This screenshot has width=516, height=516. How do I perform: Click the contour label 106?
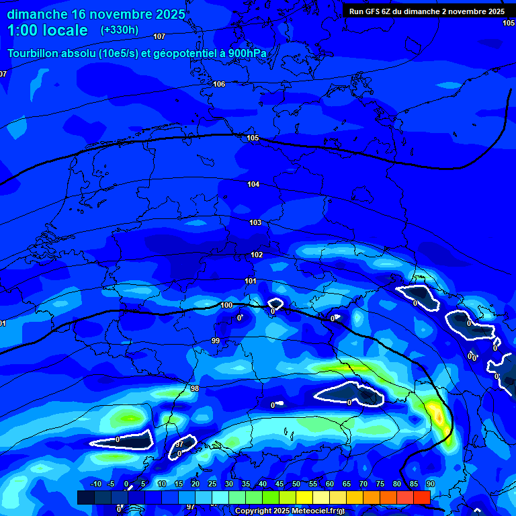pyautogui.click(x=219, y=84)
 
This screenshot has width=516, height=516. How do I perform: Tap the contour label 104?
pyautogui.click(x=253, y=184)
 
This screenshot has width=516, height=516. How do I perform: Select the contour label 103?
pyautogui.click(x=255, y=222)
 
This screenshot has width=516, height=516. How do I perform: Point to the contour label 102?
pyautogui.click(x=257, y=255)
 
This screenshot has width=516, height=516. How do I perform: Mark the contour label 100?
pyautogui.click(x=226, y=305)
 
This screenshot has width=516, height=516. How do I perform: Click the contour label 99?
pyautogui.click(x=216, y=341)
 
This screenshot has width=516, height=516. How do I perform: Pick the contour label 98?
pyautogui.click(x=195, y=388)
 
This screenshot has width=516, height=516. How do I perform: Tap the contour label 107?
pyautogui.click(x=159, y=36)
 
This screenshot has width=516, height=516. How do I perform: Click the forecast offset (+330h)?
pyautogui.click(x=120, y=30)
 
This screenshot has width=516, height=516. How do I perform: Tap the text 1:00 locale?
pyautogui.click(x=47, y=30)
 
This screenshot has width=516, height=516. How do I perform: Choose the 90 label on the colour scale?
pyautogui.click(x=430, y=484)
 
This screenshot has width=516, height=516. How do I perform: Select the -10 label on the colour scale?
pyautogui.click(x=96, y=484)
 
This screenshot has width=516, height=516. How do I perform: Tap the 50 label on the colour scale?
pyautogui.click(x=296, y=484)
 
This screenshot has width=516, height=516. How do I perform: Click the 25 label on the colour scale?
pyautogui.click(x=212, y=484)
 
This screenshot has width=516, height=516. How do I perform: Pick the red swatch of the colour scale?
pyautogui.click(x=422, y=497)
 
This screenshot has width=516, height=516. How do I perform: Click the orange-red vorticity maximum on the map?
pyautogui.click(x=438, y=417)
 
